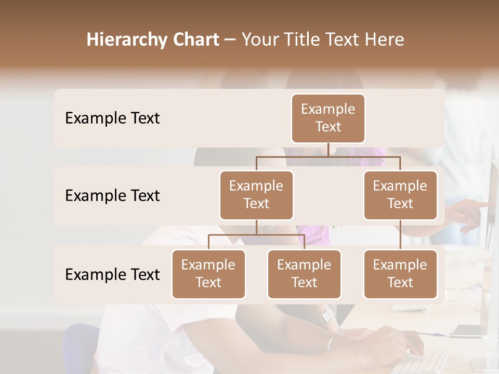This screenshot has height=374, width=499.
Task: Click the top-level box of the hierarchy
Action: coord(328,118)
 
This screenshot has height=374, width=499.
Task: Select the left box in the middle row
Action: coord(256,195)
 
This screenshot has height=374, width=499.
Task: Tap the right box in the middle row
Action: coord(400,195)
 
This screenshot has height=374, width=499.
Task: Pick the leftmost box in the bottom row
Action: coord(208,274)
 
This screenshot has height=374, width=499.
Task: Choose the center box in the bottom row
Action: coord(304,274)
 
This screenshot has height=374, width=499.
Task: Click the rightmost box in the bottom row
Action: coord(400,274)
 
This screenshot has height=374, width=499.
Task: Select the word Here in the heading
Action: coord(383,40)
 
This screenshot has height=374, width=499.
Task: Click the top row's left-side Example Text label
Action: coord(112,118)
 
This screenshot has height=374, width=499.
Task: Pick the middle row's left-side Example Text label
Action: coord(112,195)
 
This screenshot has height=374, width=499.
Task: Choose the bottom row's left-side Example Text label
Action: coord(112,274)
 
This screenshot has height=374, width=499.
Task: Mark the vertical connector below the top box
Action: coord(328,150)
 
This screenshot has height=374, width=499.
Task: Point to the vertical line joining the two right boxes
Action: coord(400,235)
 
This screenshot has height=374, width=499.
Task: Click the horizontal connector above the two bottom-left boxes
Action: coord(256,235)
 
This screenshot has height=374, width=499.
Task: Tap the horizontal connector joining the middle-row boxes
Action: coord(328,156)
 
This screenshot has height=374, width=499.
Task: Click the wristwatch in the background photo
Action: coord(327,315)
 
